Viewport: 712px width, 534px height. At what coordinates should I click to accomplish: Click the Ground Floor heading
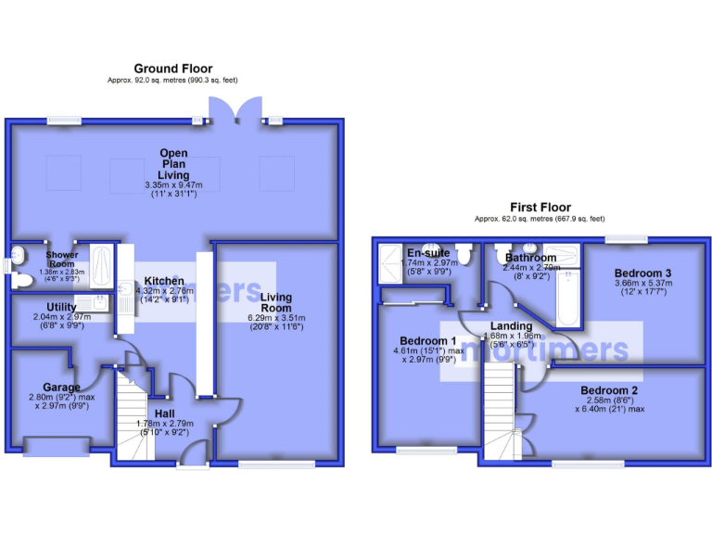[x=173, y=69]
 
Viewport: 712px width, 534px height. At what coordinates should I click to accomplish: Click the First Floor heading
[x=540, y=207]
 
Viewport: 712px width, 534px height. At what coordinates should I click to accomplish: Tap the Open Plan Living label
[x=173, y=164]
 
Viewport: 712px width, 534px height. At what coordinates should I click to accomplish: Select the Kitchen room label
[x=163, y=281]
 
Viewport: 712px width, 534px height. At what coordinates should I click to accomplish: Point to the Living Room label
[x=276, y=303]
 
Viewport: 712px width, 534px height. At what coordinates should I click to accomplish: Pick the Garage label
[x=61, y=387]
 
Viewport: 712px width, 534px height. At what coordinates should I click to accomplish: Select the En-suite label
[x=427, y=252]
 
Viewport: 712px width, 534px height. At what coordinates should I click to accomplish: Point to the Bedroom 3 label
[x=642, y=273]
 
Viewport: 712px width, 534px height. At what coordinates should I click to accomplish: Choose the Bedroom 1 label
[x=426, y=339]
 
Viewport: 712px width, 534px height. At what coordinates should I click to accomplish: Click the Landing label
[x=511, y=326]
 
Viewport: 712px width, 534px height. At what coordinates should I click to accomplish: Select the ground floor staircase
[x=133, y=413]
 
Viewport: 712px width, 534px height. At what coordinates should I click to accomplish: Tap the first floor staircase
[x=500, y=408]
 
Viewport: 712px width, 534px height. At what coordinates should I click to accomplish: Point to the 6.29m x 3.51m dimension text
[x=276, y=318]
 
